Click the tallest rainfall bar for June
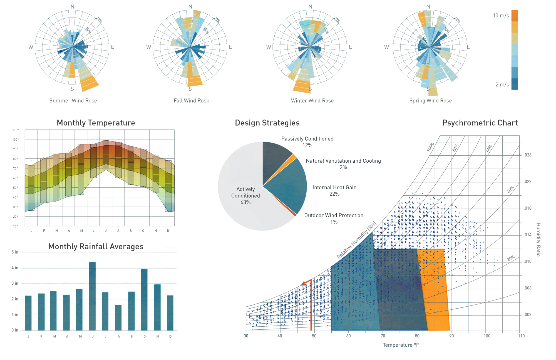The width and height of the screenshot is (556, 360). [x=92, y=296]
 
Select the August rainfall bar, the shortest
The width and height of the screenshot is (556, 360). [x=118, y=317]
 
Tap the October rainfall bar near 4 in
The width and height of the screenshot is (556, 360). [x=144, y=299]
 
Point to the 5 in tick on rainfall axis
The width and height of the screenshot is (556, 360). [x=15, y=252]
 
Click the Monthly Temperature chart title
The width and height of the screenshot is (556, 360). [x=96, y=123]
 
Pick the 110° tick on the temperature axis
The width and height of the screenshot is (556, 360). [x=16, y=130]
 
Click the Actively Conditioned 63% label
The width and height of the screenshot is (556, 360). [x=245, y=196]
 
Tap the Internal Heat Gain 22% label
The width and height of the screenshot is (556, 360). [x=334, y=190]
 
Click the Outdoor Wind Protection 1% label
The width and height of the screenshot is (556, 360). [x=334, y=219]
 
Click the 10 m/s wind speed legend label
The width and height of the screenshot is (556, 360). [x=501, y=16]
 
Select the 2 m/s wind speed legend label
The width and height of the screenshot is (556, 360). [x=502, y=85]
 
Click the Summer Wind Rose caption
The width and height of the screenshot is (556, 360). [x=73, y=101]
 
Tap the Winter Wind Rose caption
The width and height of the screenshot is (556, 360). [x=312, y=101]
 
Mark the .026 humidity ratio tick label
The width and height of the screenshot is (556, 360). [x=527, y=155]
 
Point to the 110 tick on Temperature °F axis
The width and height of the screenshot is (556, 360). [x=521, y=336]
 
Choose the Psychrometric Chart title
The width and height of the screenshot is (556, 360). [x=480, y=123]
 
